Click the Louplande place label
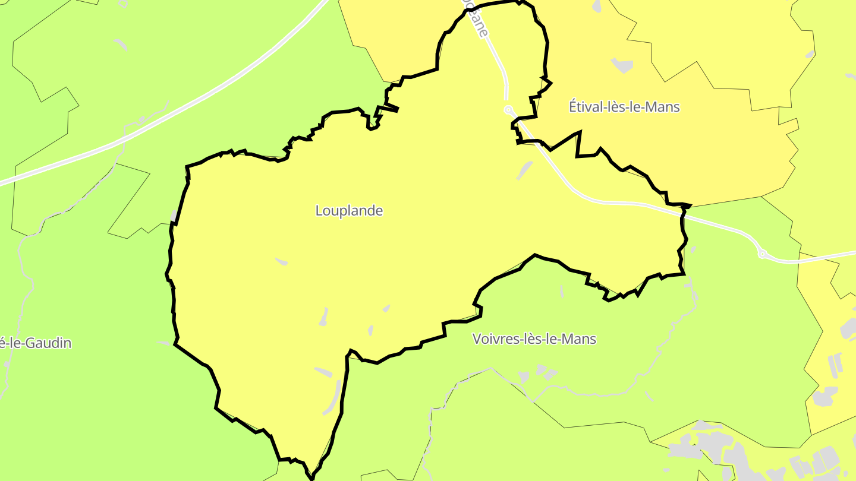pos(349,211)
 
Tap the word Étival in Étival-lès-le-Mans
pos(585,107)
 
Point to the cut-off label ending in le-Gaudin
pos(36,343)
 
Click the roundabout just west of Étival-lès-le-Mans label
pos(509,110)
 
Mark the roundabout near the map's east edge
pos(762,254)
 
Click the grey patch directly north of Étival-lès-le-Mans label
pos(622,65)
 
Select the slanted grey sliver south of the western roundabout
pos(524,170)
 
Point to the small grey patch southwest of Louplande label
pos(281,261)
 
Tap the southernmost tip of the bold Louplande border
pos(311,477)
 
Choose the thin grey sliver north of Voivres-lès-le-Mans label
pos(562,291)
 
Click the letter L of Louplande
pos(319,211)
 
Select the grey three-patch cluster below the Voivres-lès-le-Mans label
pos(538,373)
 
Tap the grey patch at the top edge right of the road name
pos(597,6)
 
